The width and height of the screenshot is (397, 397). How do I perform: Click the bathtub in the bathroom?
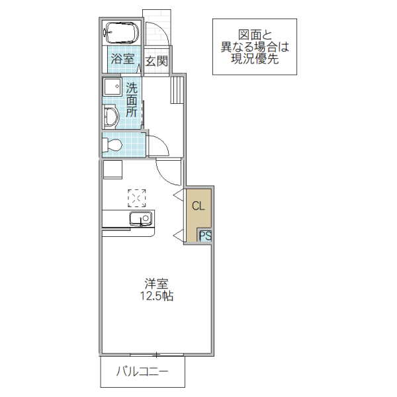coord(121,32)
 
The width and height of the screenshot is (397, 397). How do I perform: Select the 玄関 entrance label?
coord(157,62)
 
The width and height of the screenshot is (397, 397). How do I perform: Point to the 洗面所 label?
coord(132,100)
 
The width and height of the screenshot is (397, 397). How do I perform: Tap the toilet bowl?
coord(114,144)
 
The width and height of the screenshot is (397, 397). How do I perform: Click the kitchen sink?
coord(140,219)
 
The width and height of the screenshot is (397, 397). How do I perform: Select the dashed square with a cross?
coord(137,197)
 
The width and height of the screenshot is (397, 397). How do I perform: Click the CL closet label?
coord(198,206)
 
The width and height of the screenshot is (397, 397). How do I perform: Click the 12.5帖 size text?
coord(156,297)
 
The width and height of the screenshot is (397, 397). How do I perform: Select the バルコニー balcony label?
coord(142,373)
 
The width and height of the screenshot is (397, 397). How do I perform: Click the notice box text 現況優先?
coord(255,59)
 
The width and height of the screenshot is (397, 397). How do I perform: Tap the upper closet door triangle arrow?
coord(178,195)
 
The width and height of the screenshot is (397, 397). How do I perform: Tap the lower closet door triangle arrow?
coord(178,235)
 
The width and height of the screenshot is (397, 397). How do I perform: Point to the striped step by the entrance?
coord(176,89)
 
